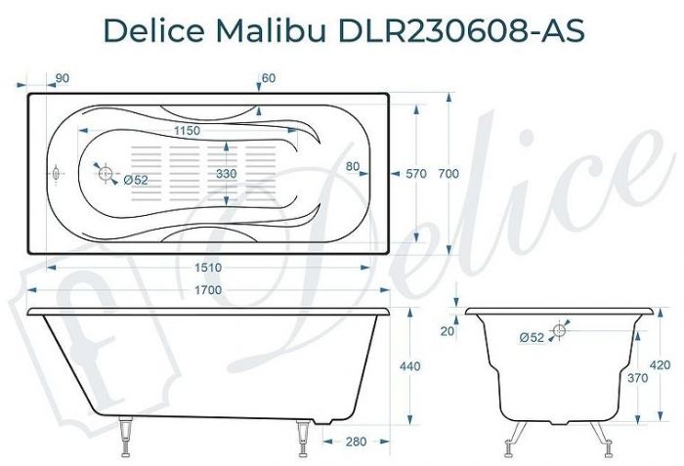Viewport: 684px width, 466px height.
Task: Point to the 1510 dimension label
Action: click(208, 267)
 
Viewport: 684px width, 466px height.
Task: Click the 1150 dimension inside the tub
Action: click(187, 130)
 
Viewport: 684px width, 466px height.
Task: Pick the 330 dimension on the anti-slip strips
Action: click(227, 173)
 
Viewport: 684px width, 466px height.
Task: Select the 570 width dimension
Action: click(416, 173)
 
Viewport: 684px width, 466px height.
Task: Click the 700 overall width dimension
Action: click(449, 173)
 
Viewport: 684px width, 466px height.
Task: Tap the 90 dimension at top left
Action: click(62, 77)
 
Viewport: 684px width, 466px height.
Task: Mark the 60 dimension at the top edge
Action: click(269, 77)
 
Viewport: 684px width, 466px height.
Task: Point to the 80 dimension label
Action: click(354, 166)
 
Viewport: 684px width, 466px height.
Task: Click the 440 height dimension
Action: click(410, 366)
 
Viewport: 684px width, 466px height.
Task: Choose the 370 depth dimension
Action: click(636, 377)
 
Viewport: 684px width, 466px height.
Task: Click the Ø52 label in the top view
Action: click(136, 180)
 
